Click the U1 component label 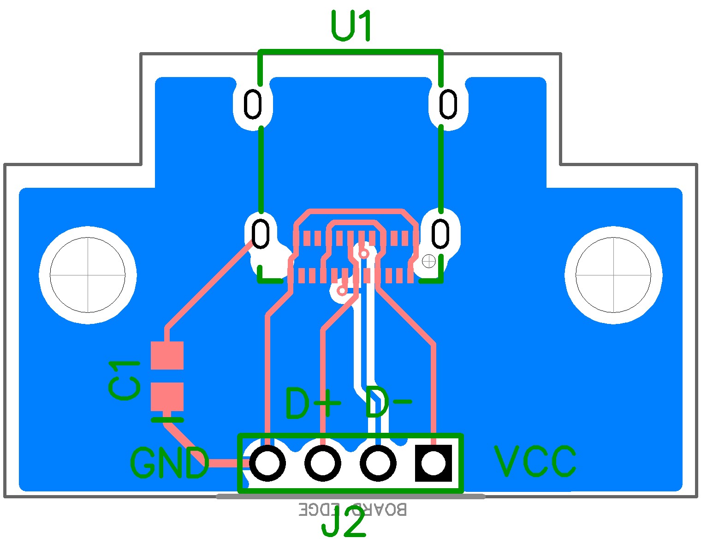351,27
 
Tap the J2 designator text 344,524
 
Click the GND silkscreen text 169,463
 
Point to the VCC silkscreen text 535,461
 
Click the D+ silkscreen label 313,404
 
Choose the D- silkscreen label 387,403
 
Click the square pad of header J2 433,463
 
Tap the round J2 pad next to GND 267,463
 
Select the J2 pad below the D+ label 323,463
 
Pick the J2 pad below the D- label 378,463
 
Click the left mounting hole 88,275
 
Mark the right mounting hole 613,275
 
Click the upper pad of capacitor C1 167,355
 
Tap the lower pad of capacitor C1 167,396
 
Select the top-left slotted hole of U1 253,104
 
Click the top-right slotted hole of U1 448,104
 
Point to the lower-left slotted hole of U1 261,233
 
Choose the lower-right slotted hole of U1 440,233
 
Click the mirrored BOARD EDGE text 353,509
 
